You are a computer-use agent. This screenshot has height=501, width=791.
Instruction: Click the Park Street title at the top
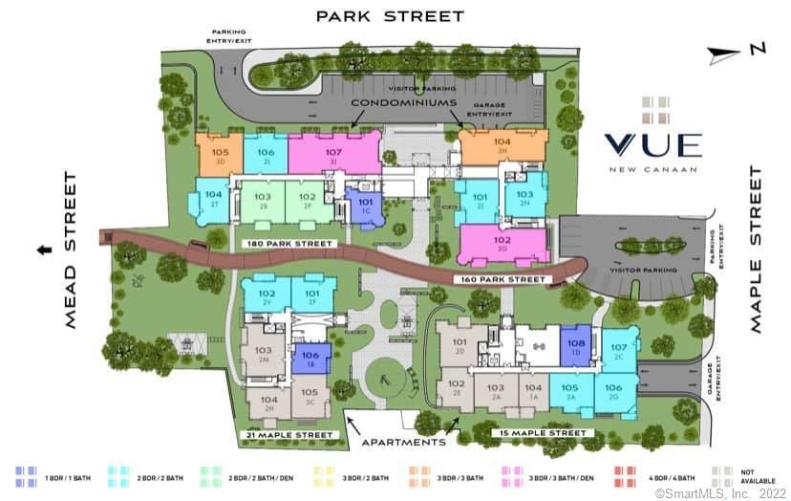click(x=390, y=16)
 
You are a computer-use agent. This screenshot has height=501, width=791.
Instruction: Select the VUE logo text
click(x=652, y=145)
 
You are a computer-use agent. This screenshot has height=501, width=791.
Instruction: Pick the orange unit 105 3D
click(x=220, y=156)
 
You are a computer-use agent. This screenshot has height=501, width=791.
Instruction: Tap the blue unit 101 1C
click(x=364, y=207)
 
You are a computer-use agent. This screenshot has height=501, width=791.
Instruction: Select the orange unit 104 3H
click(x=501, y=145)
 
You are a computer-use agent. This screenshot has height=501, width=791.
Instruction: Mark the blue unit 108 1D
click(x=576, y=346)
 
